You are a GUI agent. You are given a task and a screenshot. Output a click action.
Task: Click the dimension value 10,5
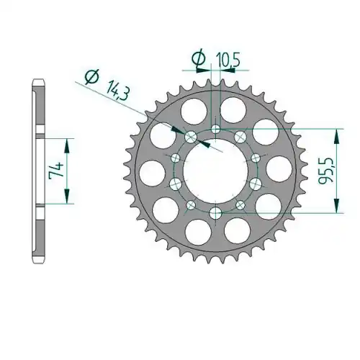228,60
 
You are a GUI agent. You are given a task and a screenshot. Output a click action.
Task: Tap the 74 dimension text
56,171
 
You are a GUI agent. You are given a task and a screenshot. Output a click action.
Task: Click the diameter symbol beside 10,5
199,58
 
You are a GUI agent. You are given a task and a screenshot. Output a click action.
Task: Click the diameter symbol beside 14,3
92,77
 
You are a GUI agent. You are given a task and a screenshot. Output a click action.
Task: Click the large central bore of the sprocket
215,171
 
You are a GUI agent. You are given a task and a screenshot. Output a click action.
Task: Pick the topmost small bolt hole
215,130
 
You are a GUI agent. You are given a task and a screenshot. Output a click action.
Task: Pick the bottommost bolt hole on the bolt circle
215,213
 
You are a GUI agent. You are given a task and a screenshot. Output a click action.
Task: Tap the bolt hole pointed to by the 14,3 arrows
191,137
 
